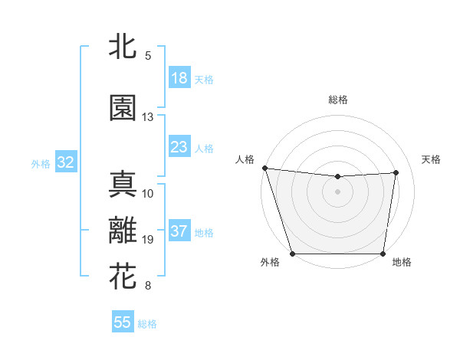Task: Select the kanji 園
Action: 123,108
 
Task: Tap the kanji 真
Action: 123,184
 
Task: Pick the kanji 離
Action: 123,231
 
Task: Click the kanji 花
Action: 123,277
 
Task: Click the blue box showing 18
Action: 179,78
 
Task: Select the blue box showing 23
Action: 179,147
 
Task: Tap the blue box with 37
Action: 179,231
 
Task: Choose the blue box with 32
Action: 65,162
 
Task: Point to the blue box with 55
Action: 123,322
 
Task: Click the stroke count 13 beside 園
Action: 148,117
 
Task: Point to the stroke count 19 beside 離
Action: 148,240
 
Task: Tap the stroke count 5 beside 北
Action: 148,55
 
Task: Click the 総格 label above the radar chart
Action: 338,100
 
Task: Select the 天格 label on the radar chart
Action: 432,159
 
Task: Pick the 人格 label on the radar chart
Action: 245,159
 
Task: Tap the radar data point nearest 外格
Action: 292,254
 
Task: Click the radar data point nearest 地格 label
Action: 383,254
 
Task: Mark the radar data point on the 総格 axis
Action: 338,177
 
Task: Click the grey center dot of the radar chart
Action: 338,191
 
